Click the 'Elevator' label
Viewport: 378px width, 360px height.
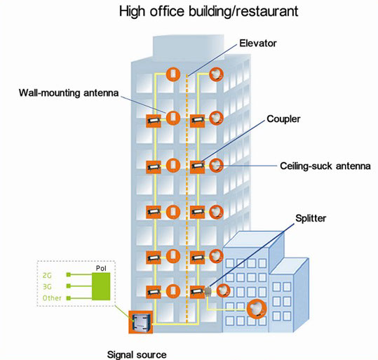click(x=257, y=44)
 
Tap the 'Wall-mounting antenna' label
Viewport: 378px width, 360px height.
click(x=69, y=93)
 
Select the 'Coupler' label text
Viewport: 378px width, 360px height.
click(x=283, y=119)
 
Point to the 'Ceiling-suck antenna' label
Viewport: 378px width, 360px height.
click(x=325, y=166)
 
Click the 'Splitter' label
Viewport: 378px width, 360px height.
click(x=311, y=218)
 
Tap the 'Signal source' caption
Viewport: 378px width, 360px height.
click(x=137, y=354)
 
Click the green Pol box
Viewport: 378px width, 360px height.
click(x=101, y=286)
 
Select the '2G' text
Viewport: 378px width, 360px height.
click(x=47, y=275)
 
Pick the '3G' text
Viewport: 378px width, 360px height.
click(x=47, y=286)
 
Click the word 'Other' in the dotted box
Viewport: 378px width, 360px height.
click(x=52, y=298)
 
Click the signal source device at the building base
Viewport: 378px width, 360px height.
click(x=141, y=322)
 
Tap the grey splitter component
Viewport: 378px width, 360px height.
click(x=208, y=291)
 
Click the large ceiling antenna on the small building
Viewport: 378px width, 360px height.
click(x=257, y=309)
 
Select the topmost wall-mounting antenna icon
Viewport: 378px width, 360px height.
click(x=173, y=74)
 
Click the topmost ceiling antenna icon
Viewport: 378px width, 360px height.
click(x=216, y=74)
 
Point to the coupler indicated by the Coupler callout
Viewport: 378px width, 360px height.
click(x=198, y=166)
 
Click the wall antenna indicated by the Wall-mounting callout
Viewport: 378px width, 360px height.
click(x=173, y=118)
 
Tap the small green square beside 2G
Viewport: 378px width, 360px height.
click(x=69, y=274)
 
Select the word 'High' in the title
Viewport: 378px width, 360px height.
click(x=133, y=12)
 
